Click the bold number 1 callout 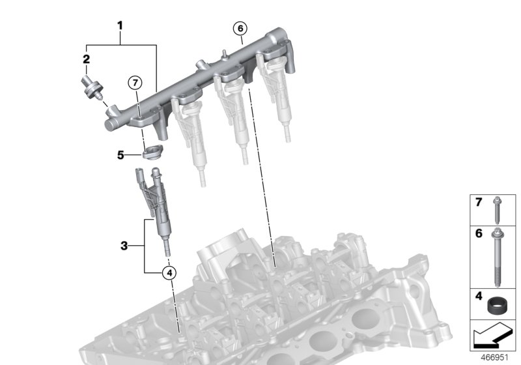[120, 26]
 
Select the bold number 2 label [85, 59]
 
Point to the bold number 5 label [119, 155]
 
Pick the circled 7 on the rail [134, 83]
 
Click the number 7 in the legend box [478, 203]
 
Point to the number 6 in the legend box [478, 233]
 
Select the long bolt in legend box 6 [499, 257]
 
